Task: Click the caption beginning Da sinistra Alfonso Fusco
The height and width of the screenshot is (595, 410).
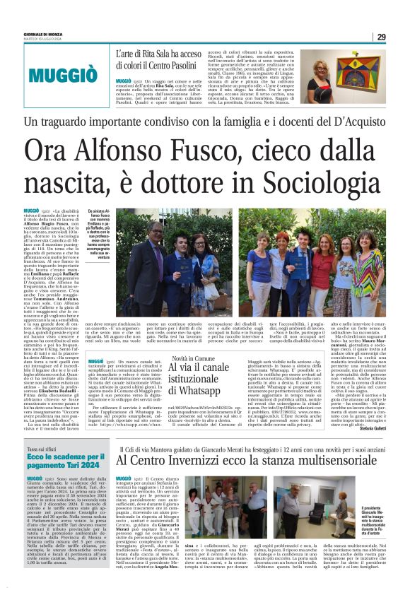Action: coord(100,237)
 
